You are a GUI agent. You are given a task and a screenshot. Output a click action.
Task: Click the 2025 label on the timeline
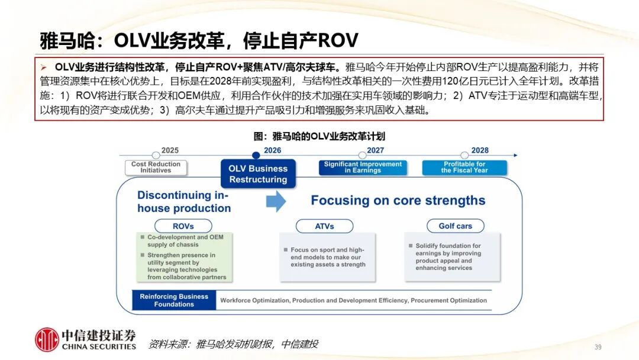[x=170, y=150]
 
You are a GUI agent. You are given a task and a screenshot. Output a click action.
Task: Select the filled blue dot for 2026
[x=256, y=155]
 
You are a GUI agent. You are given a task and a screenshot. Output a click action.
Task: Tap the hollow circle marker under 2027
[x=362, y=155]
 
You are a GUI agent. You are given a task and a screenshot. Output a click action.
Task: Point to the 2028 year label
[x=480, y=150]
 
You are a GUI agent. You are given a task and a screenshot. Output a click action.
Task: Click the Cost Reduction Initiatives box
[x=156, y=167]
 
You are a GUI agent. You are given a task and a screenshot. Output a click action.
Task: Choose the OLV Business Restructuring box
[x=258, y=173]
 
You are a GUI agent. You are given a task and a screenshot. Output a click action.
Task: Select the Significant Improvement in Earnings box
[x=363, y=167]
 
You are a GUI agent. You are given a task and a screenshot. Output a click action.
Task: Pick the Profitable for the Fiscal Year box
[x=464, y=167]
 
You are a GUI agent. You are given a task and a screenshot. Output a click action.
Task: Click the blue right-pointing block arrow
[x=276, y=201]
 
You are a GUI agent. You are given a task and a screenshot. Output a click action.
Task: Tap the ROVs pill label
[x=183, y=226]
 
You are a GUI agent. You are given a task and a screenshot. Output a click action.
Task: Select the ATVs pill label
[x=324, y=226]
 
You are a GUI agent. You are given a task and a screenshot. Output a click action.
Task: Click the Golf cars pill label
[x=455, y=226]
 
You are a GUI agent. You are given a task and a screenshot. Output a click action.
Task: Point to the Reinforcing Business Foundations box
[x=174, y=300]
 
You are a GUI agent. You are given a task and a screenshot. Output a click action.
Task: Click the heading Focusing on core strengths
[x=398, y=201]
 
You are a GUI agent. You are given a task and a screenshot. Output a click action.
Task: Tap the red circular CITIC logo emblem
[x=47, y=340]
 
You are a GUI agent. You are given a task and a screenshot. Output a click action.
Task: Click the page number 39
[x=598, y=347]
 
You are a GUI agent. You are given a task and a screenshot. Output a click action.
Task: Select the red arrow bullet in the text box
[x=44, y=67]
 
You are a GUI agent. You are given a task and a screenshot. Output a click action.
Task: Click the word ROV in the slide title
[x=338, y=40]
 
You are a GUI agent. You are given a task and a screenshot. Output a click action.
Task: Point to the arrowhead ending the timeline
[x=515, y=155]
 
